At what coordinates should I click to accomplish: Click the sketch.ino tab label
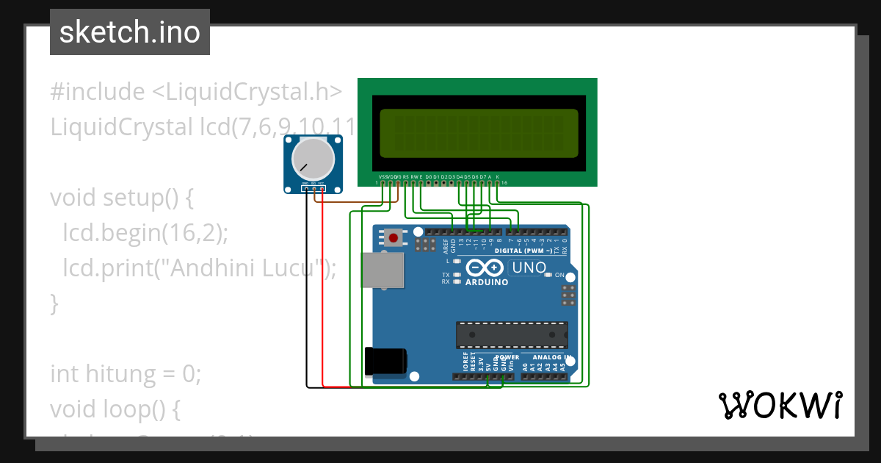129,32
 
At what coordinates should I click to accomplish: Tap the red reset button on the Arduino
394,237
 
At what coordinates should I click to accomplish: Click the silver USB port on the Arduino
383,270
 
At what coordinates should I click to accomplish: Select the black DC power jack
386,362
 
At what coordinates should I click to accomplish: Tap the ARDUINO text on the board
487,282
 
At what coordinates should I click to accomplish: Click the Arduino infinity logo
485,268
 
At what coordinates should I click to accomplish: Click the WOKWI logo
780,405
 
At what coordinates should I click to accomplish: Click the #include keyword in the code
98,92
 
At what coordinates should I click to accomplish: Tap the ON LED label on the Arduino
559,276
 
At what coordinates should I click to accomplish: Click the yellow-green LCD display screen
478,132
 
